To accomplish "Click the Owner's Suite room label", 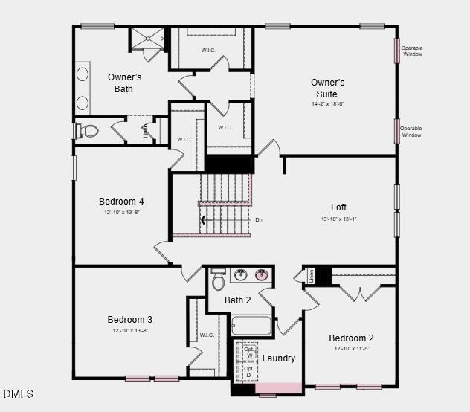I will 327,88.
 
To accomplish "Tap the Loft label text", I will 338,207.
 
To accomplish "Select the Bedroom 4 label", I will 121,201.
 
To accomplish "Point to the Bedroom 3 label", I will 129,320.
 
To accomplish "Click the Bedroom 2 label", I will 351,338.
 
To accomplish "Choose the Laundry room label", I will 279,358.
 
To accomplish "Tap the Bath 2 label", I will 237,300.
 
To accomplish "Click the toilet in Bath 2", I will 219,280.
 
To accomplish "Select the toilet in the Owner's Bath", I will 89,132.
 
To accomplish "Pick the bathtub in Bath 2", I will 251,326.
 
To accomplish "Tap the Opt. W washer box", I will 249,352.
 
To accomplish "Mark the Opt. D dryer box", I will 249,371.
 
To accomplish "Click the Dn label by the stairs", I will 259,219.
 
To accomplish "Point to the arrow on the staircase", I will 204,219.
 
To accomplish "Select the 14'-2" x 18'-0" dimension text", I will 327,104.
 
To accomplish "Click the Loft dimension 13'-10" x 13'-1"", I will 338,219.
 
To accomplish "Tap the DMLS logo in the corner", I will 18,393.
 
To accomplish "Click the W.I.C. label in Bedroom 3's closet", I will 207,335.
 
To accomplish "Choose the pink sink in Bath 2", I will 262,274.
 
